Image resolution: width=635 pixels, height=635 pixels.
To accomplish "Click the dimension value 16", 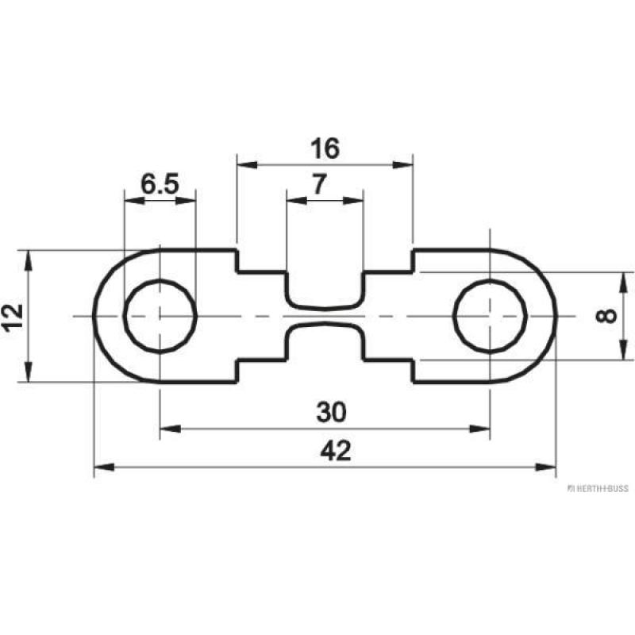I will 325,148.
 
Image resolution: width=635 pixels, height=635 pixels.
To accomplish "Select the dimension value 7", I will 318,185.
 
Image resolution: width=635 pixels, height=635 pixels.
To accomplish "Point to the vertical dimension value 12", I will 11,317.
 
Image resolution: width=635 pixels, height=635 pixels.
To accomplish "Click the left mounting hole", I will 160,316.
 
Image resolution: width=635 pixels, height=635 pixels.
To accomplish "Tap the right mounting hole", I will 490,316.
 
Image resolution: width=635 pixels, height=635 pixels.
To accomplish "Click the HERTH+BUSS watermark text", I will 598,487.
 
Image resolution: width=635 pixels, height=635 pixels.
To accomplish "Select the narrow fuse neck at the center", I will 325,316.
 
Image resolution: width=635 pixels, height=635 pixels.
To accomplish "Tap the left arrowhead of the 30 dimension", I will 167,429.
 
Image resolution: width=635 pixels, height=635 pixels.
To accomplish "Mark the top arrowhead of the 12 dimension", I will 29,257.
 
